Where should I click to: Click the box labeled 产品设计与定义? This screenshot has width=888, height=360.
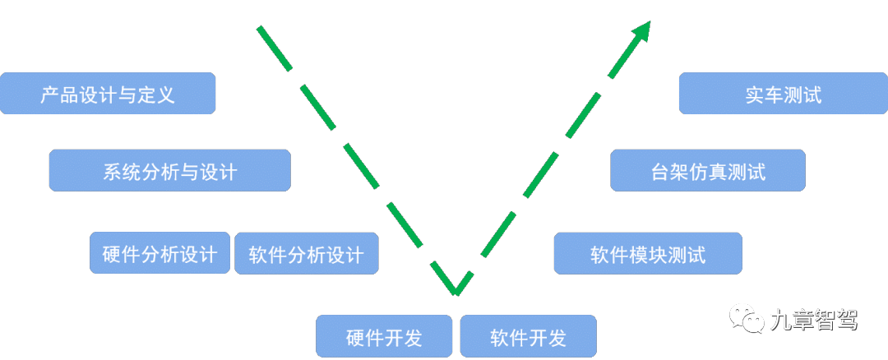108,93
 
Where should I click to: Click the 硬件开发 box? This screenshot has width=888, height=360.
384,336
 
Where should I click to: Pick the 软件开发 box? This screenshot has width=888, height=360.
528,336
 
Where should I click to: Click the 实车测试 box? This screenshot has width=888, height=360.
784,93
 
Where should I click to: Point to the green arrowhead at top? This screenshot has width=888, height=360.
642,30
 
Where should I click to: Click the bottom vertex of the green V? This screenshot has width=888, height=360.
456,290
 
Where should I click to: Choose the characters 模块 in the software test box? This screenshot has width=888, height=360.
648,253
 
